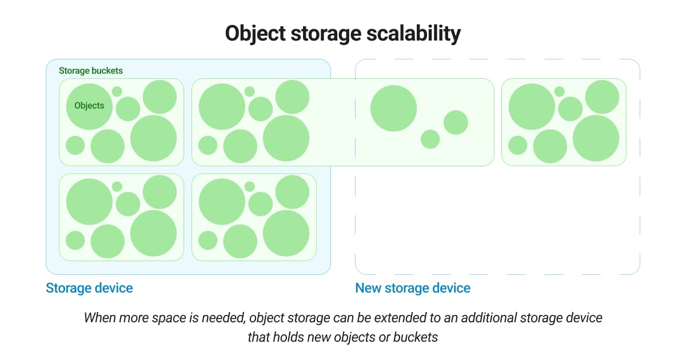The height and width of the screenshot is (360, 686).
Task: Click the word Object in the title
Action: coord(258,34)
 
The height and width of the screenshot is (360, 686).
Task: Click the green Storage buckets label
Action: coord(91,71)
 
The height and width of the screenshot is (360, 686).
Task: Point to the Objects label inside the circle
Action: coord(89,106)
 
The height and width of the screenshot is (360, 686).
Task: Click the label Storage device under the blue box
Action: coord(89,288)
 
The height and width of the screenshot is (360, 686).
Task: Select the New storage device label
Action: coord(413,288)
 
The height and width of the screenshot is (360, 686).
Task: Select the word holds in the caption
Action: coord(296,337)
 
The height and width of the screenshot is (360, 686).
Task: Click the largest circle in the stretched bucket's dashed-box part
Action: coord(394,108)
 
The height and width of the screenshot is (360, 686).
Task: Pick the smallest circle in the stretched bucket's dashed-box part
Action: coord(430,139)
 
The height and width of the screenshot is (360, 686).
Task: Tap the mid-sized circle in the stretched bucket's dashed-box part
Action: coord(456,122)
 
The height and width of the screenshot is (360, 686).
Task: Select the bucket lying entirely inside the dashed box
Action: coord(564,122)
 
